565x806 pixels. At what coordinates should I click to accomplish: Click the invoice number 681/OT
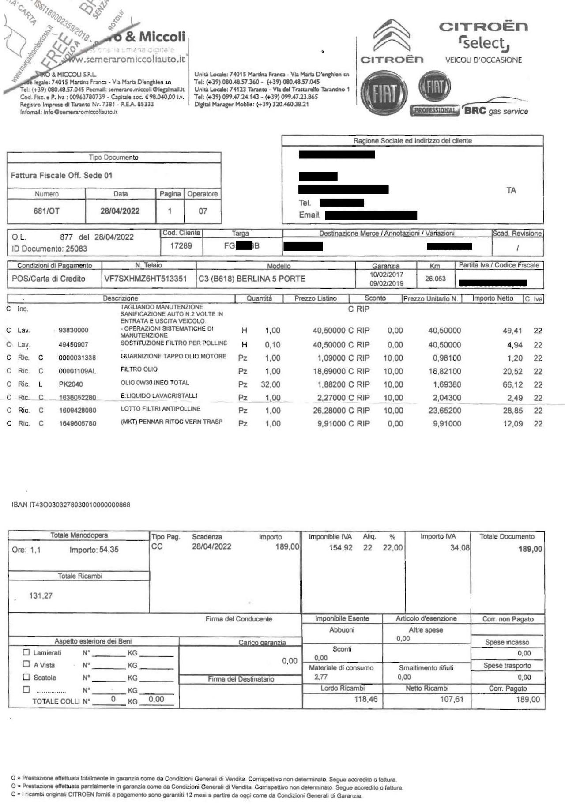pyautogui.click(x=46, y=211)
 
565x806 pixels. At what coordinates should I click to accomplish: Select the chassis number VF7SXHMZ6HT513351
pyautogui.click(x=145, y=279)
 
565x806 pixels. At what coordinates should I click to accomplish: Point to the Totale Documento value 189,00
pyautogui.click(x=530, y=549)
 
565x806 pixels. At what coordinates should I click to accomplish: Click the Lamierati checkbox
pyautogui.click(x=26, y=652)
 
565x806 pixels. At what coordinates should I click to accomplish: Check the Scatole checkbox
pyautogui.click(x=26, y=677)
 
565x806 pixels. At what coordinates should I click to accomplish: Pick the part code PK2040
pyautogui.click(x=71, y=384)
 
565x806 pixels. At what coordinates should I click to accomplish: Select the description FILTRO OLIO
pyautogui.click(x=139, y=369)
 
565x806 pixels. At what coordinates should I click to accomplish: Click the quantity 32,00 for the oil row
pyautogui.click(x=271, y=384)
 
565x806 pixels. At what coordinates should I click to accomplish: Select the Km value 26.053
pyautogui.click(x=435, y=279)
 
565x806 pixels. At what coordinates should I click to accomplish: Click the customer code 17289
pyautogui.click(x=181, y=245)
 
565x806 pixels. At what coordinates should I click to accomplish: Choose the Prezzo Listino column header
pyautogui.click(x=316, y=298)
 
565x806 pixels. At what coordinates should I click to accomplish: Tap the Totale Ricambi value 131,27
pyautogui.click(x=41, y=596)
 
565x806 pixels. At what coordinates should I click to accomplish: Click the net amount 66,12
pyautogui.click(x=513, y=384)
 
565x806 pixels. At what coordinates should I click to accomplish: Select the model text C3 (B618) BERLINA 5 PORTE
pyautogui.click(x=252, y=279)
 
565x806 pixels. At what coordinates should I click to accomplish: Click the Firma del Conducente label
pyautogui.click(x=239, y=619)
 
